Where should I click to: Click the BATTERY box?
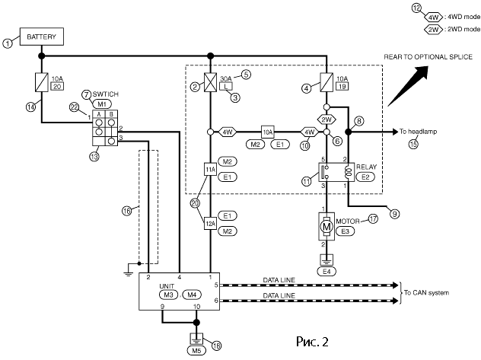click(x=42, y=37)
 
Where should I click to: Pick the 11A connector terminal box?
click(x=210, y=168)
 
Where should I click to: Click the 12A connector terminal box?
click(x=210, y=223)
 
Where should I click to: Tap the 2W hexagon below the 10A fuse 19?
click(x=327, y=119)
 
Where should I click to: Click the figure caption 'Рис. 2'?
click(x=311, y=340)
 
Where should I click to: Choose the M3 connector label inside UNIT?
click(x=168, y=294)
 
